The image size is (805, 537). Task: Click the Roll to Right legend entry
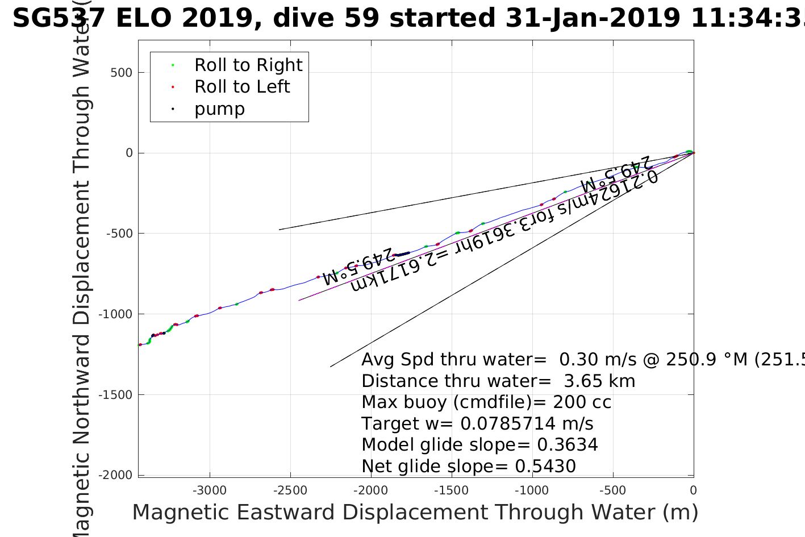click(x=248, y=65)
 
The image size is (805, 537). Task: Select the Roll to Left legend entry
click(x=241, y=87)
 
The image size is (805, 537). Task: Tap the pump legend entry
click(x=219, y=109)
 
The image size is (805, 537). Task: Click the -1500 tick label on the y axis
click(x=117, y=395)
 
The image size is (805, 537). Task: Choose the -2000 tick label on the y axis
click(x=117, y=476)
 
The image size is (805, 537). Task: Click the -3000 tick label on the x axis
click(x=210, y=491)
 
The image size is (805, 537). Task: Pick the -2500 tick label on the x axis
click(x=290, y=491)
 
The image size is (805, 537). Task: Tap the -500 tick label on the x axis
click(x=613, y=491)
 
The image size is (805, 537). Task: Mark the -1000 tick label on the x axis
click(x=532, y=491)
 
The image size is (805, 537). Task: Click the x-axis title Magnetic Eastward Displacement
click(x=415, y=513)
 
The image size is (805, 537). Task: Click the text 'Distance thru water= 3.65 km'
click(x=498, y=381)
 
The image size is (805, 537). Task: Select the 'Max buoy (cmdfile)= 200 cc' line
click(x=486, y=402)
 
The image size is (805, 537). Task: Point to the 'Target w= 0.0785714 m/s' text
click(x=477, y=424)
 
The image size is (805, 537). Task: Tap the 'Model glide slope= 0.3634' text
click(x=479, y=445)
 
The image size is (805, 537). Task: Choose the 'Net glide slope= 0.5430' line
click(x=469, y=467)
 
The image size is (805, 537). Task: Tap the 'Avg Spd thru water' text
click(x=453, y=360)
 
